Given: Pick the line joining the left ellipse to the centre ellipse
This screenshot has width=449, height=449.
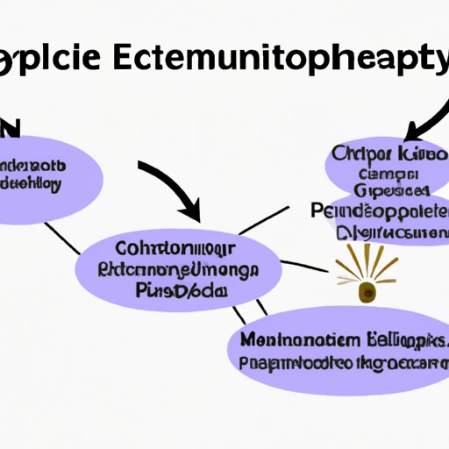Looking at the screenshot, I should (64, 236).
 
